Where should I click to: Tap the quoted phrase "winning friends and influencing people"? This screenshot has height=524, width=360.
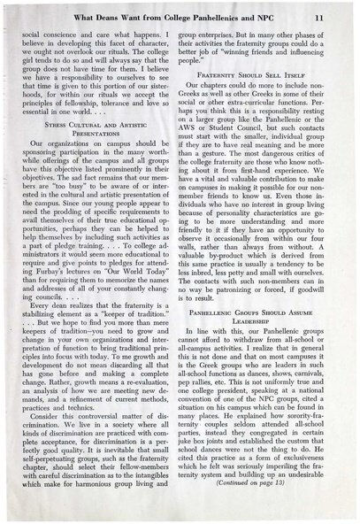(265, 57)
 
